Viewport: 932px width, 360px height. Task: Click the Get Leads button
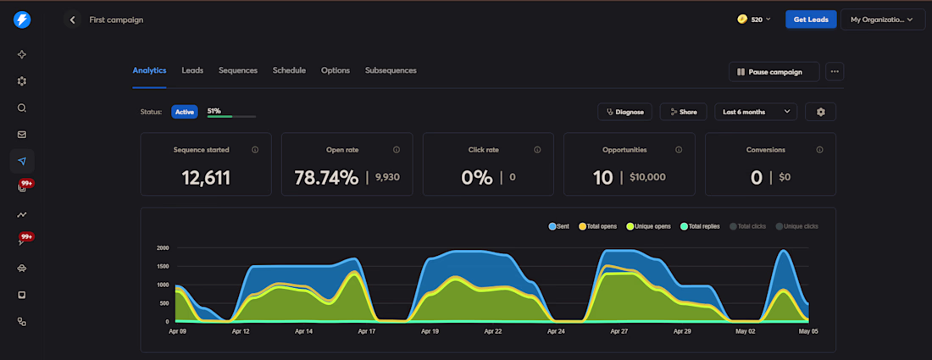[811, 19]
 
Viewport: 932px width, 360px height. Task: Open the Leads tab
[192, 70]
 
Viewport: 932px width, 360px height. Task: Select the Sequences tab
[238, 70]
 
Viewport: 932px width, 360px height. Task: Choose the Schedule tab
[289, 70]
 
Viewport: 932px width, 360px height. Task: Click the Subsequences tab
[391, 70]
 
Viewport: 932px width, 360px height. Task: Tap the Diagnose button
[624, 112]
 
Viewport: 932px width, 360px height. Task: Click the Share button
[683, 112]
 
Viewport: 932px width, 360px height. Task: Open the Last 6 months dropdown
[756, 112]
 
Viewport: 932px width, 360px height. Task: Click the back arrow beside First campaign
[73, 19]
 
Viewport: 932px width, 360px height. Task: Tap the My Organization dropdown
[883, 19]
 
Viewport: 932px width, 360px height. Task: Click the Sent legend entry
[559, 226]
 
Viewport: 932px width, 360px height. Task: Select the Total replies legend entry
[700, 226]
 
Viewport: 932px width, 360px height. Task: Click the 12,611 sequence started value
[206, 178]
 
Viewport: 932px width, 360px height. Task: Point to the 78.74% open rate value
[326, 178]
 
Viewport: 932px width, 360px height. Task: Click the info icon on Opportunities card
[679, 150]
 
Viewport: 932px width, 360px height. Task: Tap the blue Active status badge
[184, 112]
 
